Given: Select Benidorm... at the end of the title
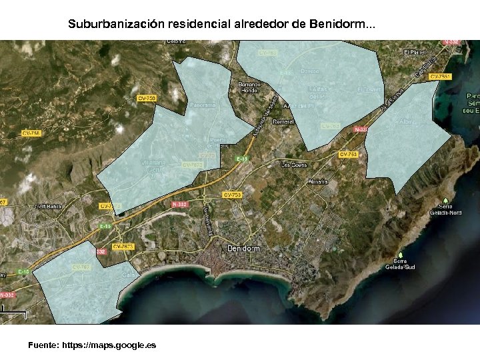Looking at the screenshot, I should pos(343,25).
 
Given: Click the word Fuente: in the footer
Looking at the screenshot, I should pos(43,345).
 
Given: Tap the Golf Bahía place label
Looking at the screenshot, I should pos(48,207).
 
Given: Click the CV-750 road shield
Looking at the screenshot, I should pos(147,98).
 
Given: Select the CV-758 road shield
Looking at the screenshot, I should pos(31,133).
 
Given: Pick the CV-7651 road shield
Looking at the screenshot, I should pos(440,77).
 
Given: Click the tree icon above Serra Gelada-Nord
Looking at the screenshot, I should pos(445,200).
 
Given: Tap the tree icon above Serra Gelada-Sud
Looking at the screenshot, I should pos(400,255).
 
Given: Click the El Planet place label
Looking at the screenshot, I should pos(415,52).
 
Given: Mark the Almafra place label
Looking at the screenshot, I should pos(317,181).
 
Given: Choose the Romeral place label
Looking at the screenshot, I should pos(283,122).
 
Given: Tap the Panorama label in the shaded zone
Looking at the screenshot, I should pos(203,105).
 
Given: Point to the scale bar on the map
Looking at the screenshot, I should pos(3,309).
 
